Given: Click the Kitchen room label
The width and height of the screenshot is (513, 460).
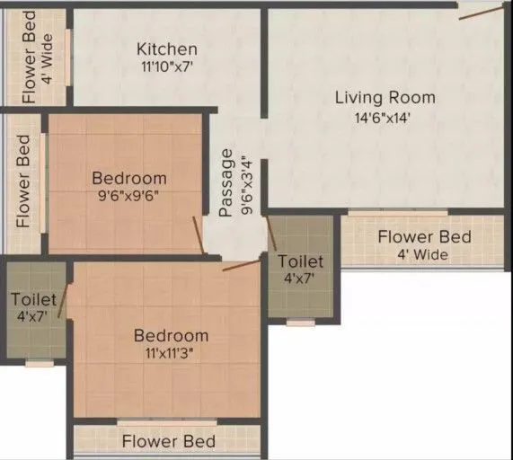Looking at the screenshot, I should coord(166,49).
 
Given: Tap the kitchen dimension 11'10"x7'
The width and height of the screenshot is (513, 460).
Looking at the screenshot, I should coord(166,66).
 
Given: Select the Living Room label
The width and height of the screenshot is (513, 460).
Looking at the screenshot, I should coord(385,97).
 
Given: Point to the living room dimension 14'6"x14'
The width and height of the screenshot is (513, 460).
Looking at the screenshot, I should coord(385,116).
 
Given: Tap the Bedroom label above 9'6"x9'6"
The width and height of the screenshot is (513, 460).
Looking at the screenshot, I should coord(129,178).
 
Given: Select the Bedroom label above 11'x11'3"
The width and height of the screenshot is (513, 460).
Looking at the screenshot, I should coord(171,335).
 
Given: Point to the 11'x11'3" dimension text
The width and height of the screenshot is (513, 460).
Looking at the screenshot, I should coord(171,353).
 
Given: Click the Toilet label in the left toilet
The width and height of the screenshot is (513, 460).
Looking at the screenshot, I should coord(34,298).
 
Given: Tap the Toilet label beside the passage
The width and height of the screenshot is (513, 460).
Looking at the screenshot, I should coord(300,261).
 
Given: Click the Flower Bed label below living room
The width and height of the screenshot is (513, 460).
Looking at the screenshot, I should coord(424,237).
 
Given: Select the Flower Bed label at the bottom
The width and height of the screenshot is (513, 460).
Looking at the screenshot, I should coord(168,441).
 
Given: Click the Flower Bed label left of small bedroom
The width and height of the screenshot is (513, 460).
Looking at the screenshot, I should coord(24,181).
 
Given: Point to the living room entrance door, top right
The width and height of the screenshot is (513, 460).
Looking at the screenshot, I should coord(482,10).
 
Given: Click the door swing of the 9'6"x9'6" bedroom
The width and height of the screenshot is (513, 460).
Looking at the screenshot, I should coord(199,235).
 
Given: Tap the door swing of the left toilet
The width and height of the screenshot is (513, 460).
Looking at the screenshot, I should coord(62,302).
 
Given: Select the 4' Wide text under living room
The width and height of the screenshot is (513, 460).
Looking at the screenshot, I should coord(424,254).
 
